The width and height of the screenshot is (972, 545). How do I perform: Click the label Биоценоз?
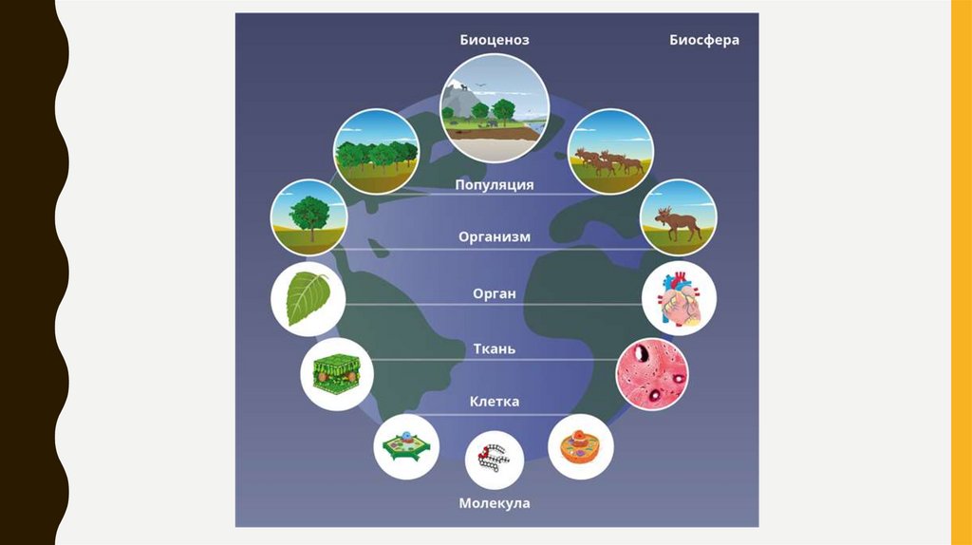(x=494, y=40)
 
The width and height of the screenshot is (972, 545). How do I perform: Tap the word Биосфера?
(x=703, y=40)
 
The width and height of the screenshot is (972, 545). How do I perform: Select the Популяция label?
(x=494, y=184)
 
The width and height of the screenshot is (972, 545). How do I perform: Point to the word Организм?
(x=494, y=236)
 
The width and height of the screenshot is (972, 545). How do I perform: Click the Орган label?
(x=494, y=293)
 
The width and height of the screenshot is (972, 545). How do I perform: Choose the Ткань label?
(x=494, y=348)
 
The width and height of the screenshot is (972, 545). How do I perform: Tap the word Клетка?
(x=494, y=402)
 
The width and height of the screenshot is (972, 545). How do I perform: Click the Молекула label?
(x=494, y=502)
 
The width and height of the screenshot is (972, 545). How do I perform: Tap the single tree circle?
(x=308, y=217)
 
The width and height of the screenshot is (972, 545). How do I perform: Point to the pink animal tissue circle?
(x=652, y=370)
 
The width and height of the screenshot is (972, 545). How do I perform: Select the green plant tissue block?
(x=336, y=373)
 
